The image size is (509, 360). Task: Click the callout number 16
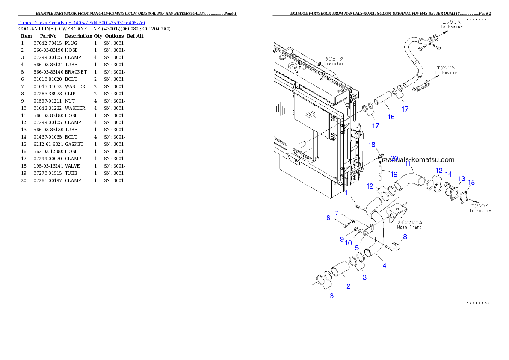click(391, 117)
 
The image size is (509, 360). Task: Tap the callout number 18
click(372, 145)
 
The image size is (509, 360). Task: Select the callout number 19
click(394, 174)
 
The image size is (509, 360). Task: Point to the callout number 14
click(448, 174)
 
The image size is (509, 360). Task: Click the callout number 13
click(462, 178)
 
